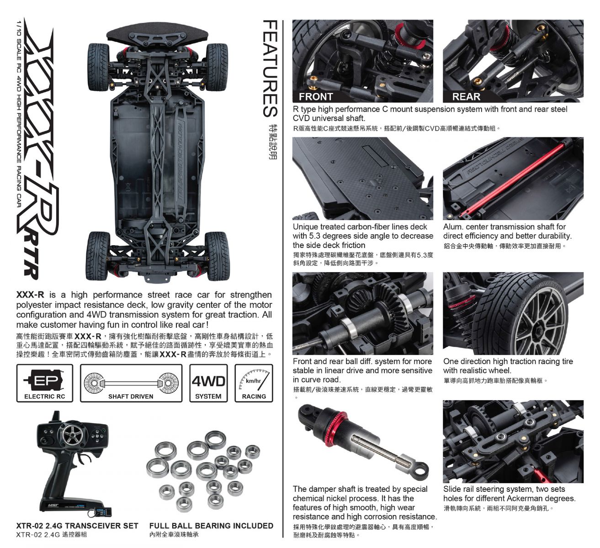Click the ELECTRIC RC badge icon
click(x=44, y=383)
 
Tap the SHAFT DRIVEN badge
click(x=131, y=383)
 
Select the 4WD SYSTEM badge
click(x=208, y=383)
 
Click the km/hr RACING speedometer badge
click(x=254, y=383)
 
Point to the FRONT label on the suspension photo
click(x=316, y=97)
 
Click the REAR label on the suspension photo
click(x=466, y=97)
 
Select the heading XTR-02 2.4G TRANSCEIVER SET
click(x=77, y=526)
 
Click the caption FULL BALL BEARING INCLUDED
click(x=211, y=526)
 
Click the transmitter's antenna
click(x=56, y=416)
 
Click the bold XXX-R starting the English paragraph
click(x=30, y=295)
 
